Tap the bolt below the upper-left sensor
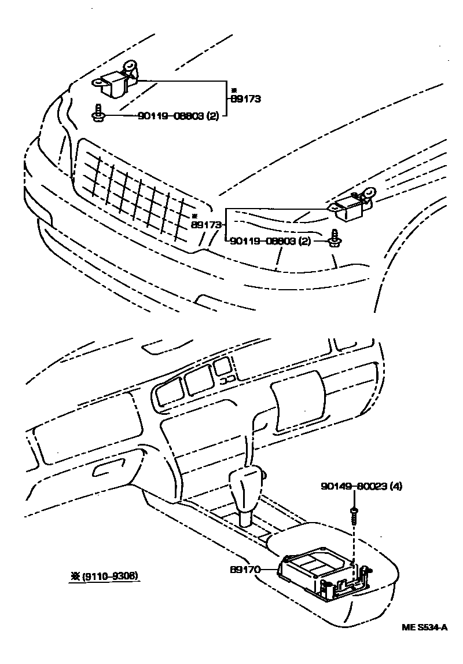(x=99, y=115)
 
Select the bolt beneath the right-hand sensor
(x=335, y=239)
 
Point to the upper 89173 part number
(x=246, y=99)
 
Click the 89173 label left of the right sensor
(x=205, y=224)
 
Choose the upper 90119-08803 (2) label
(x=178, y=116)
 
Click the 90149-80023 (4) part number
(x=361, y=486)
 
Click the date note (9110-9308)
(x=105, y=577)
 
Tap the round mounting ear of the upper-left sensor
(x=132, y=66)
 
